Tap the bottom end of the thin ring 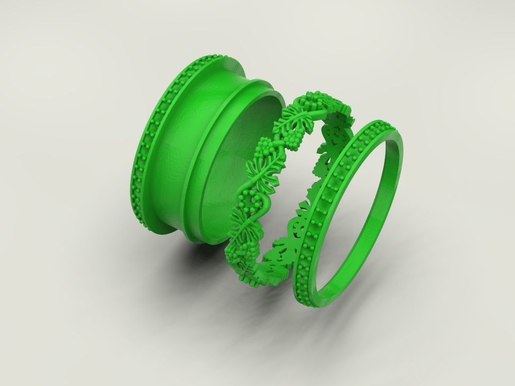point(307,292)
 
